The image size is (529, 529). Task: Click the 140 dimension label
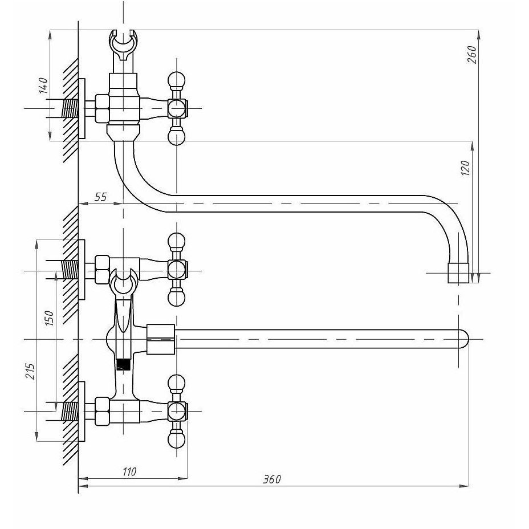coord(43,86)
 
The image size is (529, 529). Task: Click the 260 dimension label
coord(472,54)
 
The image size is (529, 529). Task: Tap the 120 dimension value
coord(465,168)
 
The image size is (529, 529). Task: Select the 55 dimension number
coord(100,197)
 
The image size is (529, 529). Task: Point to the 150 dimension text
coord(49,318)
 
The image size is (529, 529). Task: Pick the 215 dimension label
coord(30,371)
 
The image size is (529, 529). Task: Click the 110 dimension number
coord(129,471)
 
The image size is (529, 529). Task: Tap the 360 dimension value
coord(271,479)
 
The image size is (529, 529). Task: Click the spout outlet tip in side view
coord(458,273)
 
